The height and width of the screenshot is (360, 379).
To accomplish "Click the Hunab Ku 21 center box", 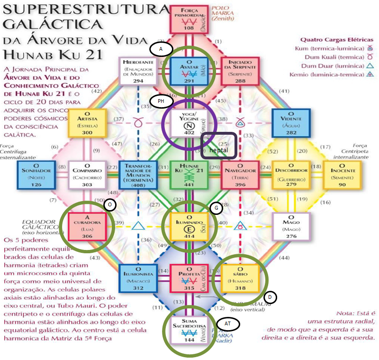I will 189,174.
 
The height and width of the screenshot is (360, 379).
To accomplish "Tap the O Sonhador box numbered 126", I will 36,174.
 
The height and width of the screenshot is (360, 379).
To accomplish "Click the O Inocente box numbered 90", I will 342,174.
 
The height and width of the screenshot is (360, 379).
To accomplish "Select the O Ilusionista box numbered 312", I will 138,277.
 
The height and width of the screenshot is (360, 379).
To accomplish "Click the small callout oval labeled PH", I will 162,101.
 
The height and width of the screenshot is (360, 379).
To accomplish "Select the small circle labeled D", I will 270,297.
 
